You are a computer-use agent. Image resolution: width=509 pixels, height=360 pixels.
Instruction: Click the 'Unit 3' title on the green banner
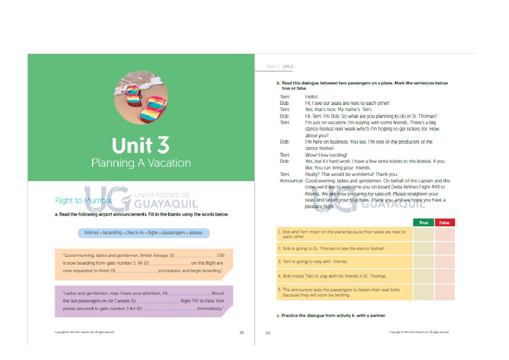(x=140, y=145)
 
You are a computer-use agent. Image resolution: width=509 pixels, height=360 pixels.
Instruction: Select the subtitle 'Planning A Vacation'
(x=141, y=163)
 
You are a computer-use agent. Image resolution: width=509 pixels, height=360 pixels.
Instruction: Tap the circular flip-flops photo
(x=141, y=97)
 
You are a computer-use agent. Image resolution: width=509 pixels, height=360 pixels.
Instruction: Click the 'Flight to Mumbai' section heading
(x=83, y=201)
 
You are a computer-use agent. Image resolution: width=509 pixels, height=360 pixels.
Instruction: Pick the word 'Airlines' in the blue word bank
(x=91, y=233)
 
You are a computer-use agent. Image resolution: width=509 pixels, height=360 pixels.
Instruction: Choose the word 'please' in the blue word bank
(x=196, y=233)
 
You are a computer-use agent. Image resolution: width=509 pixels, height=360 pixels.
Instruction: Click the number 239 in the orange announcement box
(x=220, y=256)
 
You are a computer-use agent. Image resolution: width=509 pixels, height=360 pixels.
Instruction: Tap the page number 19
(x=241, y=333)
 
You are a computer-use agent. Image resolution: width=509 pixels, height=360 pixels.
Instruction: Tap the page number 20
(x=268, y=333)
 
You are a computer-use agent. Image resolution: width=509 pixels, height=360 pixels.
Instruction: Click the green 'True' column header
(x=423, y=223)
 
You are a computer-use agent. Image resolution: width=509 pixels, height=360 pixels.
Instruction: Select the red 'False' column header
(x=445, y=223)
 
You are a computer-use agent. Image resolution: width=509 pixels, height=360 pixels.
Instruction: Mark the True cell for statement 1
(x=423, y=234)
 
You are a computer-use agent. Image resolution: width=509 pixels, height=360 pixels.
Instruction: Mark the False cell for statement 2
(x=445, y=248)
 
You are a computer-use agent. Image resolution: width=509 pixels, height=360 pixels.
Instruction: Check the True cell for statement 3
(x=423, y=262)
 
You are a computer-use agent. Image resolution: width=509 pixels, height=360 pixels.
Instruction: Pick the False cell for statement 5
(x=445, y=293)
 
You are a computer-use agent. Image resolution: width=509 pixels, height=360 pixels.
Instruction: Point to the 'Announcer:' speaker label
(x=291, y=181)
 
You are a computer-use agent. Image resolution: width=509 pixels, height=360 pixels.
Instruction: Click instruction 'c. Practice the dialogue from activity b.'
(x=331, y=316)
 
